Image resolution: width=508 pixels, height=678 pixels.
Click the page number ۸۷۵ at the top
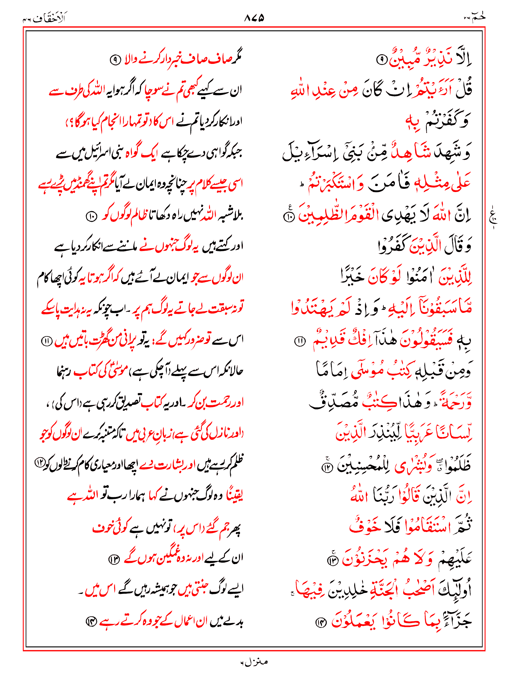point(254,18)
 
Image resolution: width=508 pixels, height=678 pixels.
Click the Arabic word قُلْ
point(463,90)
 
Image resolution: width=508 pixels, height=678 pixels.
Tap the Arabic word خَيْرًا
point(352,277)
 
